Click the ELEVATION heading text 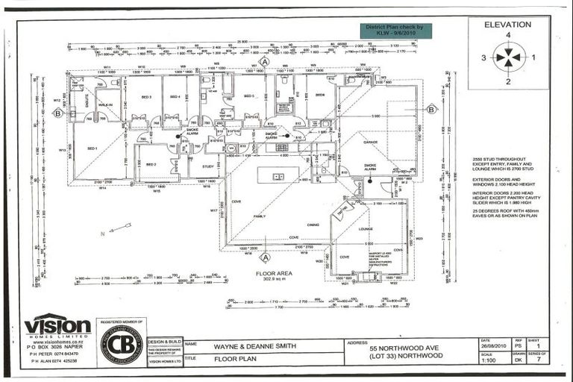click(508, 24)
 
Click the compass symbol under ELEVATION click(509, 57)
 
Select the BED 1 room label click(93, 148)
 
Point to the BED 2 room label click(151, 164)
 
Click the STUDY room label click(207, 166)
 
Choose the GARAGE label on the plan click(370, 141)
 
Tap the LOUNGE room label click(366, 229)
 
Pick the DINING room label click(313, 224)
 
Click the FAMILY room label click(259, 216)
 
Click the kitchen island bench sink click(278, 177)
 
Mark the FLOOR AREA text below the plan click(271, 273)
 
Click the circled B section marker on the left click(57, 113)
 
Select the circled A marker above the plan click(263, 63)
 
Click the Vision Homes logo click(57, 326)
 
